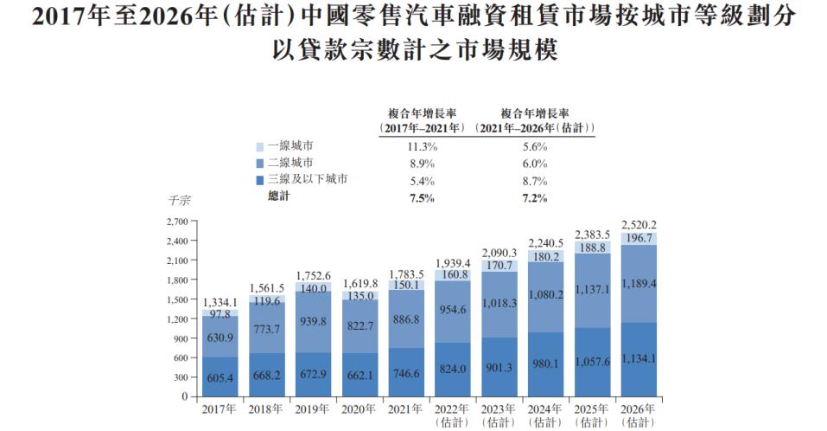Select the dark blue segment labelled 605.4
click(x=222, y=377)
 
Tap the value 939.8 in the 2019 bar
click(x=315, y=321)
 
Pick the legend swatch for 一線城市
click(x=260, y=147)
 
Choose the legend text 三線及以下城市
click(x=307, y=180)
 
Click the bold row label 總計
click(x=279, y=197)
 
